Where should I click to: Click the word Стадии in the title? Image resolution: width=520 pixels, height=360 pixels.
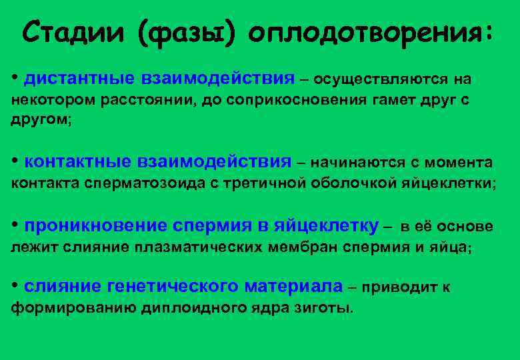pos(73,31)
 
